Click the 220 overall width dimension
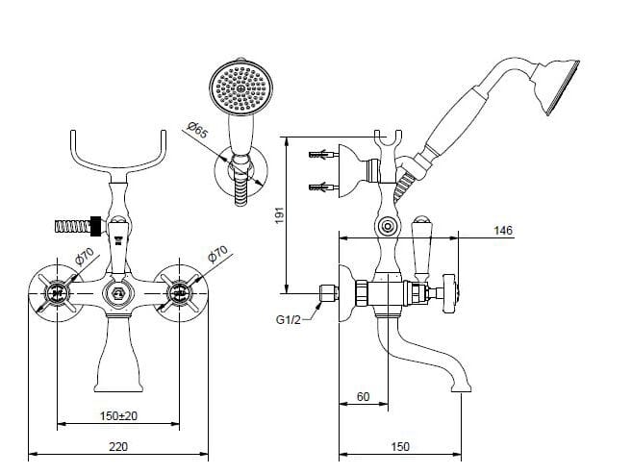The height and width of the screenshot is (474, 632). (x=117, y=445)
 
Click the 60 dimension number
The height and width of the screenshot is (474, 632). (x=364, y=395)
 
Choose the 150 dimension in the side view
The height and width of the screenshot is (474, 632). (x=401, y=445)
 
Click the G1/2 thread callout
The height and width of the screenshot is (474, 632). (x=288, y=319)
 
